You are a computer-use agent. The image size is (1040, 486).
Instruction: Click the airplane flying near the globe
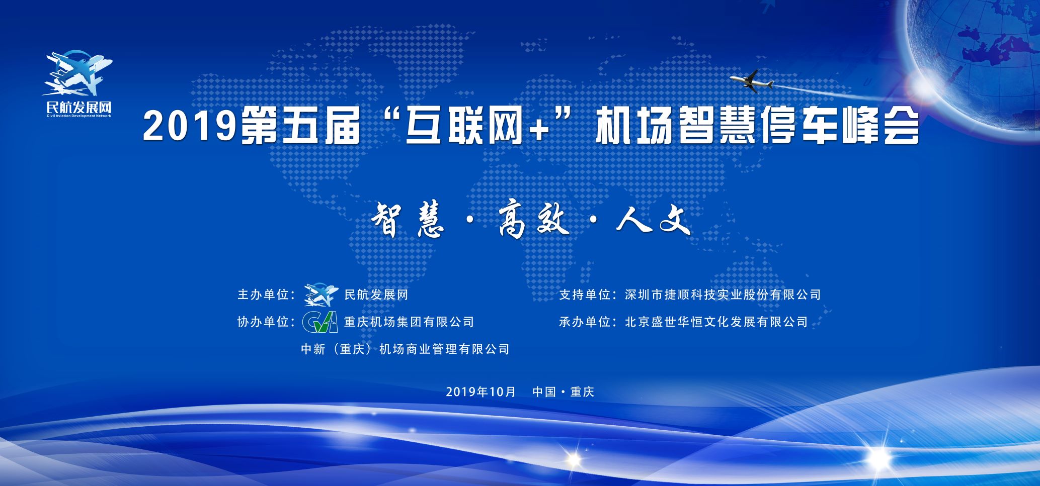[752, 81]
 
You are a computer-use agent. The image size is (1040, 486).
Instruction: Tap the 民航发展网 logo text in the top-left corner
[78, 107]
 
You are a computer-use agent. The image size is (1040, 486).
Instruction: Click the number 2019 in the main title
[190, 126]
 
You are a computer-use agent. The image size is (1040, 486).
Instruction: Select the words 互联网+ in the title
[476, 126]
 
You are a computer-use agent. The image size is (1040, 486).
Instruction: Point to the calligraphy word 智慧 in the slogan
[408, 220]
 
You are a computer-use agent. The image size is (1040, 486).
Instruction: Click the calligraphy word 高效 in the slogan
[533, 220]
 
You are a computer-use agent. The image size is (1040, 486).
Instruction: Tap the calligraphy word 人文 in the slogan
[654, 220]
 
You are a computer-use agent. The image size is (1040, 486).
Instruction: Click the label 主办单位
[263, 295]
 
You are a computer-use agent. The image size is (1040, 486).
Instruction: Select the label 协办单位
[263, 322]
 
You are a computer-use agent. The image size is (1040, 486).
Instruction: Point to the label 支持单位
[585, 295]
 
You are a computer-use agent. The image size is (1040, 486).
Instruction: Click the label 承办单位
[585, 322]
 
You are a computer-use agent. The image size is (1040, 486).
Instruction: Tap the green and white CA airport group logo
[320, 322]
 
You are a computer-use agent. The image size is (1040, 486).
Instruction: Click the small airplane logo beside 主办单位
[321, 295]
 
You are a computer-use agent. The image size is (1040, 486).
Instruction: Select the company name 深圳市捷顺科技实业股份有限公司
[723, 295]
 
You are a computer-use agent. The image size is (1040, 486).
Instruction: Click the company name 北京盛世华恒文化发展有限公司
[716, 322]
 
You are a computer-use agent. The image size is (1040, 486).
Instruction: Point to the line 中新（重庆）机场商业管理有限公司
[405, 349]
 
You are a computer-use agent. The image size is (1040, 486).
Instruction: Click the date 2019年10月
[481, 392]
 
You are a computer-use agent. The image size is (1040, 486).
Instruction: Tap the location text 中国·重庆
[564, 392]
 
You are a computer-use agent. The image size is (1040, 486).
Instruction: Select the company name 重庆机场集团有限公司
[409, 322]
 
